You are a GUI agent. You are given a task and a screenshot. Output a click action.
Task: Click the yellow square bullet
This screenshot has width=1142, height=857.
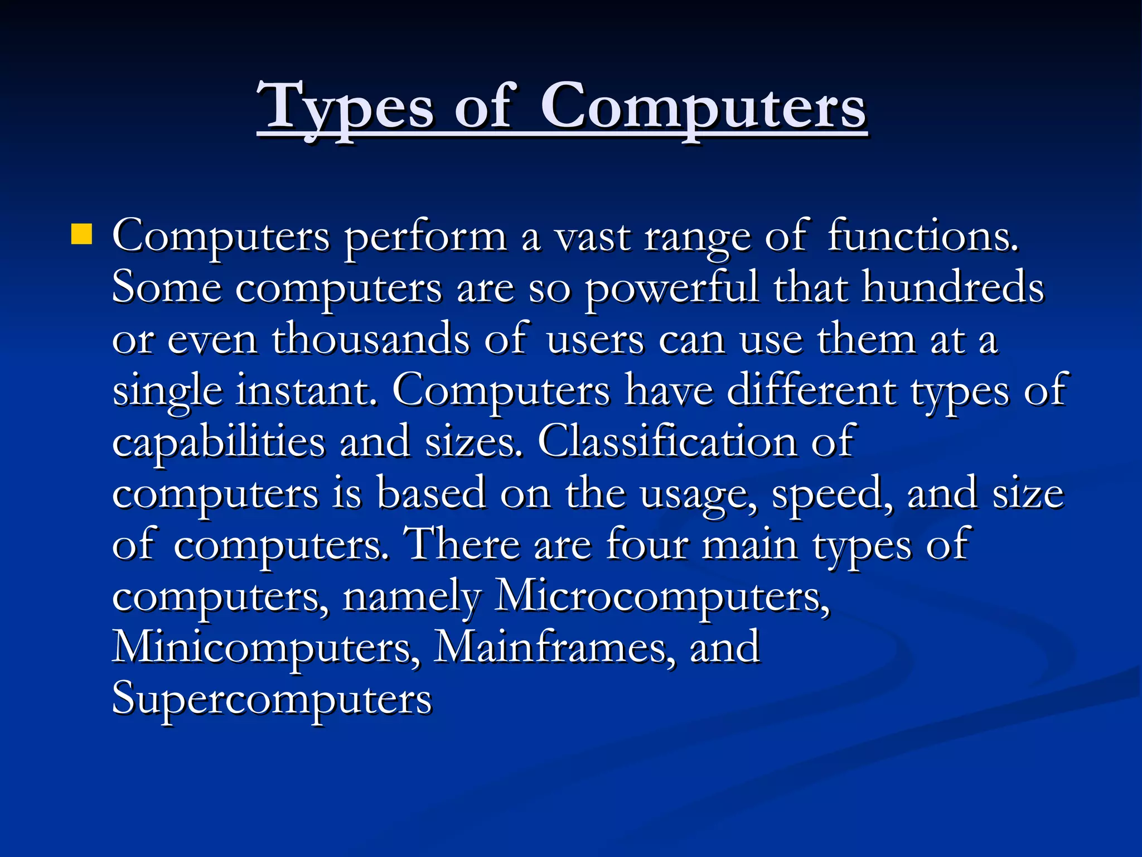(81, 234)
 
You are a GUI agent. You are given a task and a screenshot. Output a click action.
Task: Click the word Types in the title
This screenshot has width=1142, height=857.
(348, 107)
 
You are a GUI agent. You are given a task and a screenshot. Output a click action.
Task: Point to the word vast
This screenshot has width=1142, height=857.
(592, 238)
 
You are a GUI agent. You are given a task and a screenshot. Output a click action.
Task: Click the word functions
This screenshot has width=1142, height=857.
(923, 237)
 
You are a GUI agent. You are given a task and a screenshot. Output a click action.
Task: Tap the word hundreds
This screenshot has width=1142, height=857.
(953, 288)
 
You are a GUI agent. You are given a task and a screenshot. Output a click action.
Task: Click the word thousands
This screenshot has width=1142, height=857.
(371, 339)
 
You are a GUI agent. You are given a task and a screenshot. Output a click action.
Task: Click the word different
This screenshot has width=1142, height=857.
(812, 391)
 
